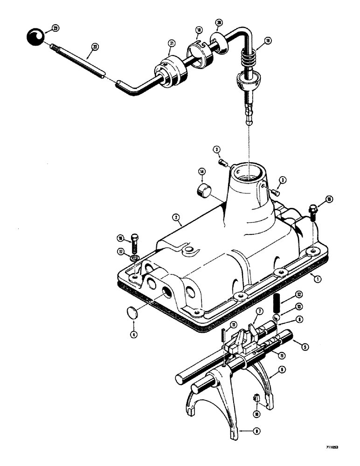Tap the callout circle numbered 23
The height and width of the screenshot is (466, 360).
pyautogui.click(x=55, y=28)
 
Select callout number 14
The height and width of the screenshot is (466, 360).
pyautogui.click(x=202, y=171)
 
